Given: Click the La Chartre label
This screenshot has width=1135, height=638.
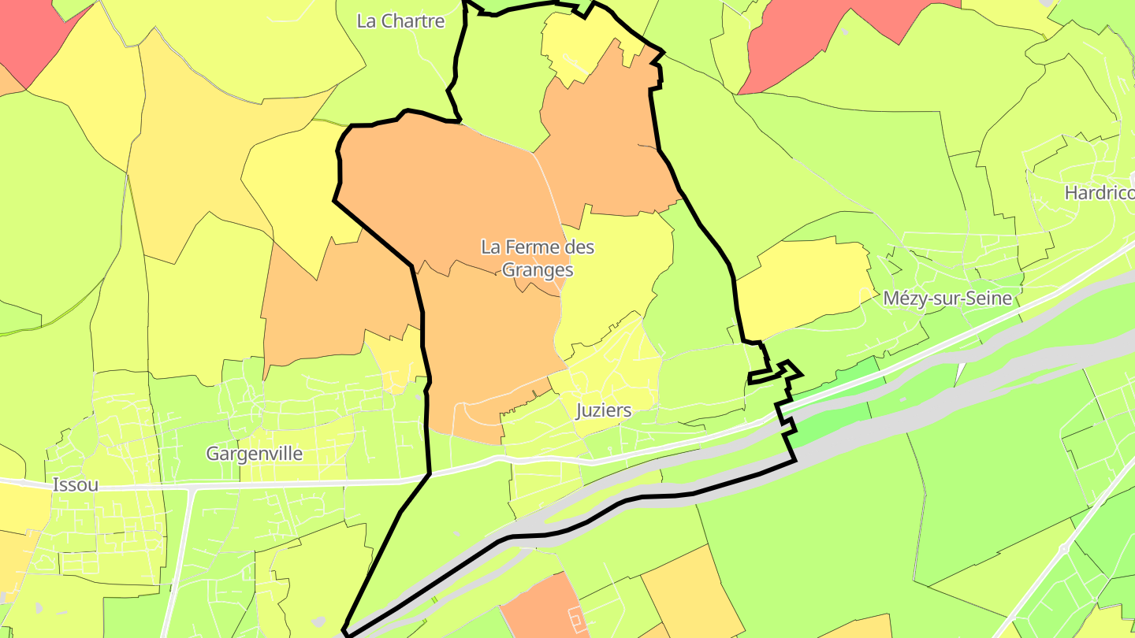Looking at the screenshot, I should (400, 21).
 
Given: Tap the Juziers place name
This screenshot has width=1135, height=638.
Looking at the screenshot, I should (604, 410).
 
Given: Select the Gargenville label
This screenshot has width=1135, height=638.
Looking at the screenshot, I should (254, 454).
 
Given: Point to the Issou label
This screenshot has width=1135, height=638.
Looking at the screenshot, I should (76, 485).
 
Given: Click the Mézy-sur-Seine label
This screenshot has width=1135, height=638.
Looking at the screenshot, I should (947, 299).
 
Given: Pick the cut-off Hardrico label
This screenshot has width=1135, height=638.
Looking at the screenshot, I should (1099, 193).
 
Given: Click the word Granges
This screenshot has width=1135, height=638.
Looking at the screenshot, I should (538, 270).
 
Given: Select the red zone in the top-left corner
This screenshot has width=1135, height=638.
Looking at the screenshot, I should (32, 32).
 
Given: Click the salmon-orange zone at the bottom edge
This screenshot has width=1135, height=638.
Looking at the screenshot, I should (536, 610).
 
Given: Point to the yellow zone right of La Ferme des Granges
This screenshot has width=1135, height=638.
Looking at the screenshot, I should (615, 276).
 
